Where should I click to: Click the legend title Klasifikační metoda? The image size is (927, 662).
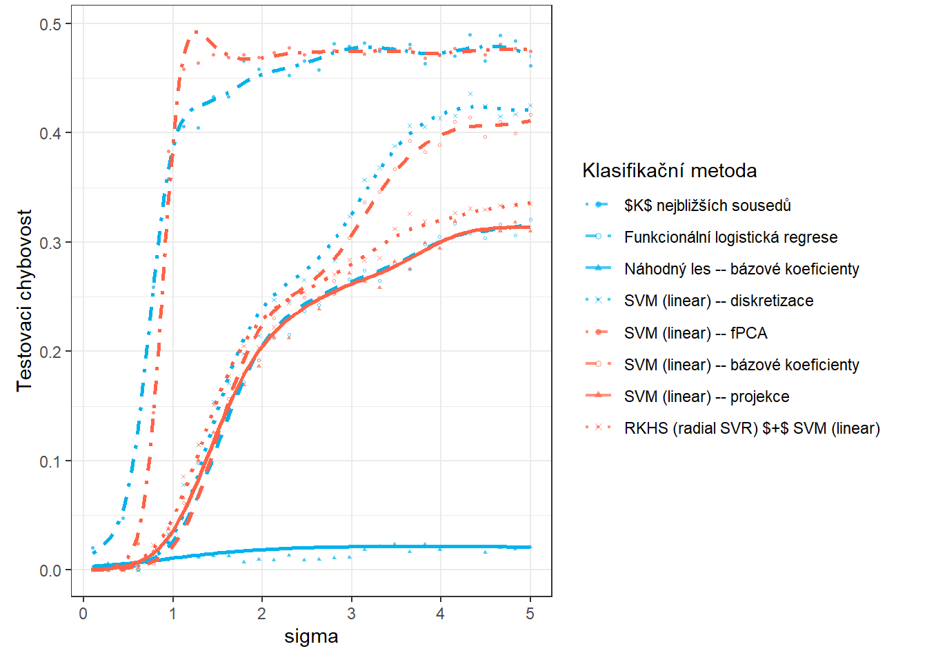coord(669,170)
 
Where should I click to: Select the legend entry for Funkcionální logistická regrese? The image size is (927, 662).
coord(730,237)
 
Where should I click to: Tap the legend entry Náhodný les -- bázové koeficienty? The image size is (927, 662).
coord(741,269)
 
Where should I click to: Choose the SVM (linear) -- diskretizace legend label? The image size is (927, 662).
coord(719,301)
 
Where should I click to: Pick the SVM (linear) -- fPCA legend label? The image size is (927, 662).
coord(695,333)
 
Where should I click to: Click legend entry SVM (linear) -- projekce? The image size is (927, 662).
coord(706,397)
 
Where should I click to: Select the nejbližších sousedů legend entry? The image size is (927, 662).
coord(707,205)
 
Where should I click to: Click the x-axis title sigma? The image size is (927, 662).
coord(311,636)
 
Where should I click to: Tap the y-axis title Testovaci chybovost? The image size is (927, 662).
coord(25,300)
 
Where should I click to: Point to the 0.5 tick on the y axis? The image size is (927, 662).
coord(50,24)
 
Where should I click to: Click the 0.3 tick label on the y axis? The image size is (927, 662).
coord(50,243)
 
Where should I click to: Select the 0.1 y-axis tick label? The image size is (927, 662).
coord(50,461)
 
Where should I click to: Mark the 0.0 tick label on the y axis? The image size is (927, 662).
coord(50,570)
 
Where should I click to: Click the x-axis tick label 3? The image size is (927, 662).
coord(351,614)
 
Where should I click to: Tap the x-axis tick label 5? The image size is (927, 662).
coord(530,614)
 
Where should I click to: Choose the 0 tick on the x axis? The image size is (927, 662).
coord(83,614)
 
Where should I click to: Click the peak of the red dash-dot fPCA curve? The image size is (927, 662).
coord(197,32)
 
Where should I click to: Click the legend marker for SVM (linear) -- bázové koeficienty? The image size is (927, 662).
coord(598,365)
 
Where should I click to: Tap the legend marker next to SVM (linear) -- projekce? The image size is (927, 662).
coord(598,397)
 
